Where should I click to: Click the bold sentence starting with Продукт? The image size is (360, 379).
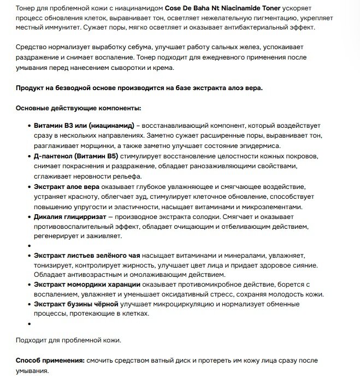[139, 87]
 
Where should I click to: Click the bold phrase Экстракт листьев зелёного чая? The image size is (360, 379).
[87, 256]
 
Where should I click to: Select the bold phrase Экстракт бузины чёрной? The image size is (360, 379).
[76, 304]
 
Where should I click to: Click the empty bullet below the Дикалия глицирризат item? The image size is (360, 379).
[28, 246]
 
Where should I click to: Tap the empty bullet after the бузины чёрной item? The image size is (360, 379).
[28, 324]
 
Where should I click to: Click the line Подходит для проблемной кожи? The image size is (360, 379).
[68, 340]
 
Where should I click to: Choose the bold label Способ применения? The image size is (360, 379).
[49, 360]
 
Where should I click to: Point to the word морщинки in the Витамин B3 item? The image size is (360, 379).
[101, 145]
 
